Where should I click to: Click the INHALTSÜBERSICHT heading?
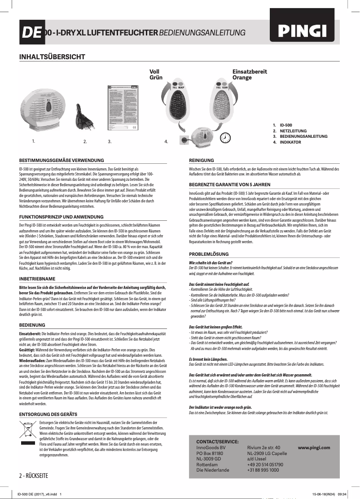52,57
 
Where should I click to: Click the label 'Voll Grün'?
155,74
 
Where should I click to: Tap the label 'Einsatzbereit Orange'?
250,74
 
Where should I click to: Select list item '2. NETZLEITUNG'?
293,130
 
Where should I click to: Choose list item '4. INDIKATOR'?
290,142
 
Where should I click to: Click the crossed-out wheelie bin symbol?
28,433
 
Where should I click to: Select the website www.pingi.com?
314,447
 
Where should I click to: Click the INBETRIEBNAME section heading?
37,279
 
